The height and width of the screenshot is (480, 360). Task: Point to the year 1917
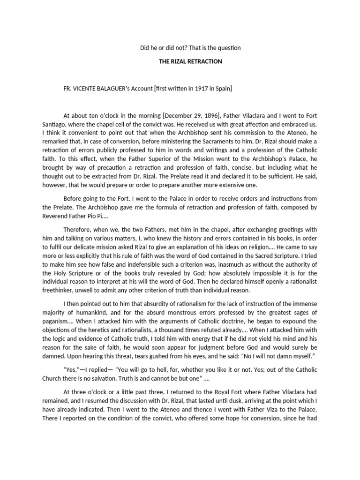(190, 88)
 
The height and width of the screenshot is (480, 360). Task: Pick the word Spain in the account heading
(221, 88)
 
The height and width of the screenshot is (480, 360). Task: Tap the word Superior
(139, 159)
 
